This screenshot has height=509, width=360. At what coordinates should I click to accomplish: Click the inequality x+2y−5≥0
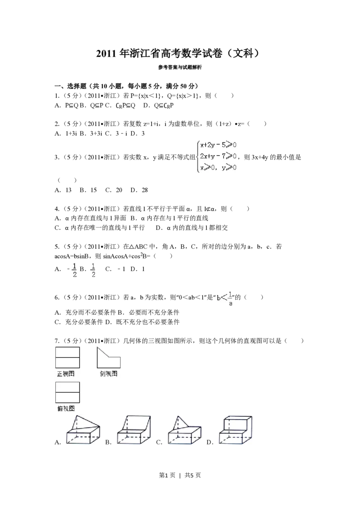(x=218, y=145)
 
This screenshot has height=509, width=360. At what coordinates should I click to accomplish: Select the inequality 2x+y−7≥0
(x=218, y=156)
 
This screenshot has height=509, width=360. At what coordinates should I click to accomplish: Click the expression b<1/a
(x=224, y=299)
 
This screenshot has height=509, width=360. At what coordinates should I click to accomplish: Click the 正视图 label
(x=66, y=374)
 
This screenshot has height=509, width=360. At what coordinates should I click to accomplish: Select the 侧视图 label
(x=108, y=374)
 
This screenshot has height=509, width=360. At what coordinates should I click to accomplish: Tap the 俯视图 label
(x=66, y=408)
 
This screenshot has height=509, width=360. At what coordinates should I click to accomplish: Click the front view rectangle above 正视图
(x=67, y=357)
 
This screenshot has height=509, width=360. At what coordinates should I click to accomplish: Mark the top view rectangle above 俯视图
(x=67, y=392)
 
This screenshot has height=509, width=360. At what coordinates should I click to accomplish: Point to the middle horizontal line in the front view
(x=67, y=357)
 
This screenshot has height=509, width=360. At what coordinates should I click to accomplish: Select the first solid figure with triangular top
(x=83, y=430)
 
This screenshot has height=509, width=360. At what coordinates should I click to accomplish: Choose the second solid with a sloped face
(x=134, y=430)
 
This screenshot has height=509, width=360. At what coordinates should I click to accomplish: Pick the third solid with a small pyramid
(x=184, y=430)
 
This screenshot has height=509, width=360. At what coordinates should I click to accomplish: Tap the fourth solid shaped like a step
(x=235, y=430)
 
